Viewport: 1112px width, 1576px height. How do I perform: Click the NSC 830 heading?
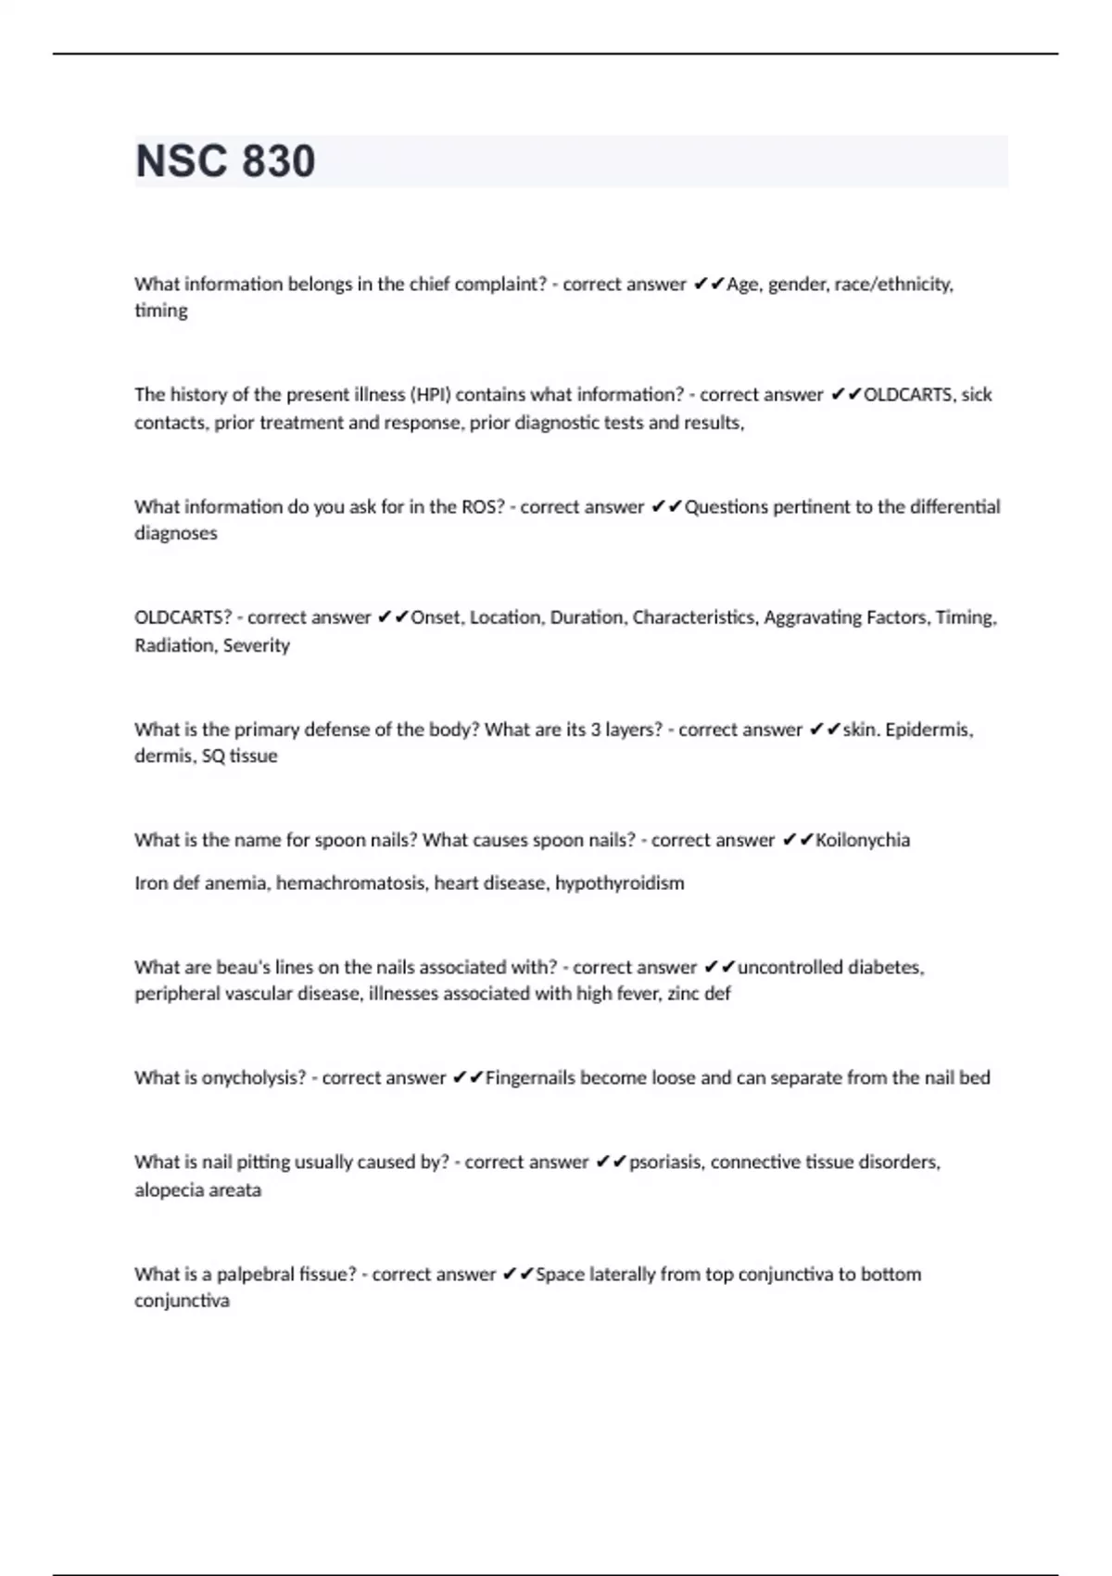(225, 161)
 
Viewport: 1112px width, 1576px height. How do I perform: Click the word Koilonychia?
(863, 841)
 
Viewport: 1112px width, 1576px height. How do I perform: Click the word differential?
(954, 507)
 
